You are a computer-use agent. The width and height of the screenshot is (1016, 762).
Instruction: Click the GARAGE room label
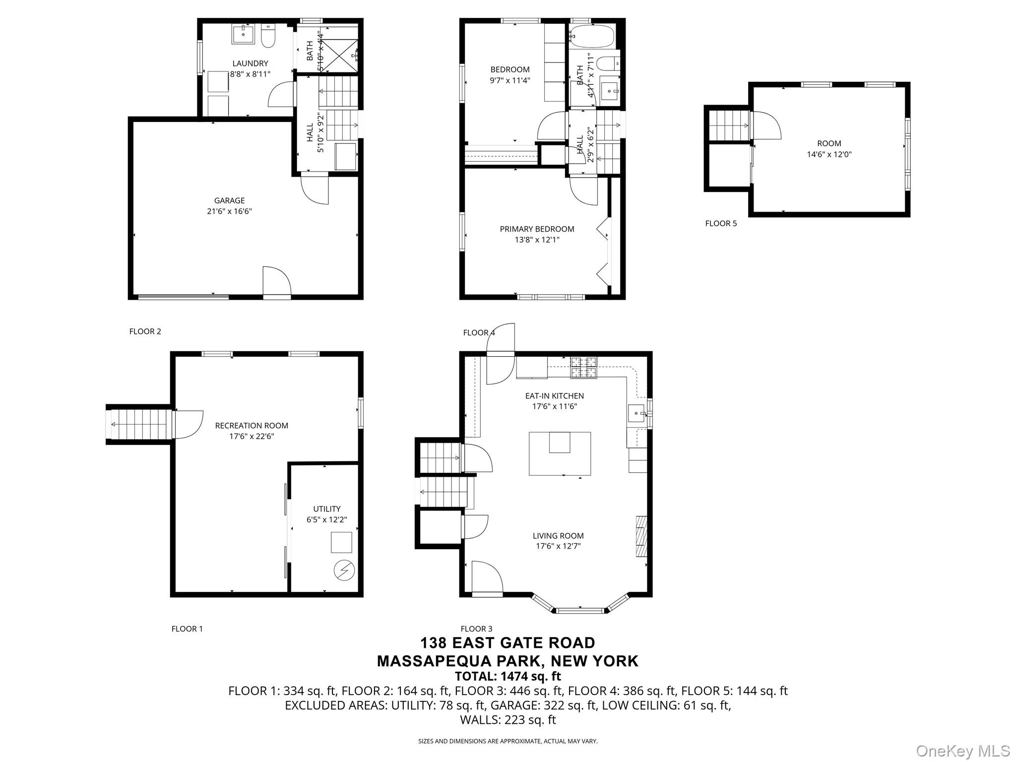pyautogui.click(x=229, y=200)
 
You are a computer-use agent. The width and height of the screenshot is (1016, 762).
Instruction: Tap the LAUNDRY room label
pyautogui.click(x=250, y=63)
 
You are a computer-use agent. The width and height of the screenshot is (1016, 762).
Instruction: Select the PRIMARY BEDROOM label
pyautogui.click(x=537, y=229)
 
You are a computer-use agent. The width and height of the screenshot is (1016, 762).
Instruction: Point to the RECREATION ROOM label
pyautogui.click(x=252, y=426)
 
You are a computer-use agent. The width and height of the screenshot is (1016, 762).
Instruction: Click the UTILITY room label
pyautogui.click(x=326, y=509)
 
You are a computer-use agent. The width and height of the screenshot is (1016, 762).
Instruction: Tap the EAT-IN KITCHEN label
pyautogui.click(x=554, y=396)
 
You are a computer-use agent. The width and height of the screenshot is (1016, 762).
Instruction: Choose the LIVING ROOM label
pyautogui.click(x=558, y=536)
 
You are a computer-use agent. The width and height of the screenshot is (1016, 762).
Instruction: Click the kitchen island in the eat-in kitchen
pyautogui.click(x=559, y=453)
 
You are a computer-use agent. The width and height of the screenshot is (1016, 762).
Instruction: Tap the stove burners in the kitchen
pyautogui.click(x=583, y=368)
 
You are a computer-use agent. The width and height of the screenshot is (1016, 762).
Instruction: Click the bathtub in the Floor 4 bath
pyautogui.click(x=592, y=36)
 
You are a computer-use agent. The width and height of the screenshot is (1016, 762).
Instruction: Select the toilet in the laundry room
pyautogui.click(x=268, y=37)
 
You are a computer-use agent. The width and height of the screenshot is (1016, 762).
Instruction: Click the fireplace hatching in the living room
pyautogui.click(x=642, y=537)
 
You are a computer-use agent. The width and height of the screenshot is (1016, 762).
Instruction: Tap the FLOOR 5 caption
pyautogui.click(x=721, y=224)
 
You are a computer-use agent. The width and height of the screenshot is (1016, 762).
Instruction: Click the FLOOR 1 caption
pyautogui.click(x=187, y=629)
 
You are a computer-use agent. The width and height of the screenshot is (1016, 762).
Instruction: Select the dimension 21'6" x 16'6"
pyautogui.click(x=229, y=211)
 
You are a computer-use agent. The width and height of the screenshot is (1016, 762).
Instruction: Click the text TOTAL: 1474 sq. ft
pyautogui.click(x=508, y=676)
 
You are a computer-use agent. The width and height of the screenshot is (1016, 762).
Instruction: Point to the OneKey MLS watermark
pyautogui.click(x=962, y=751)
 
